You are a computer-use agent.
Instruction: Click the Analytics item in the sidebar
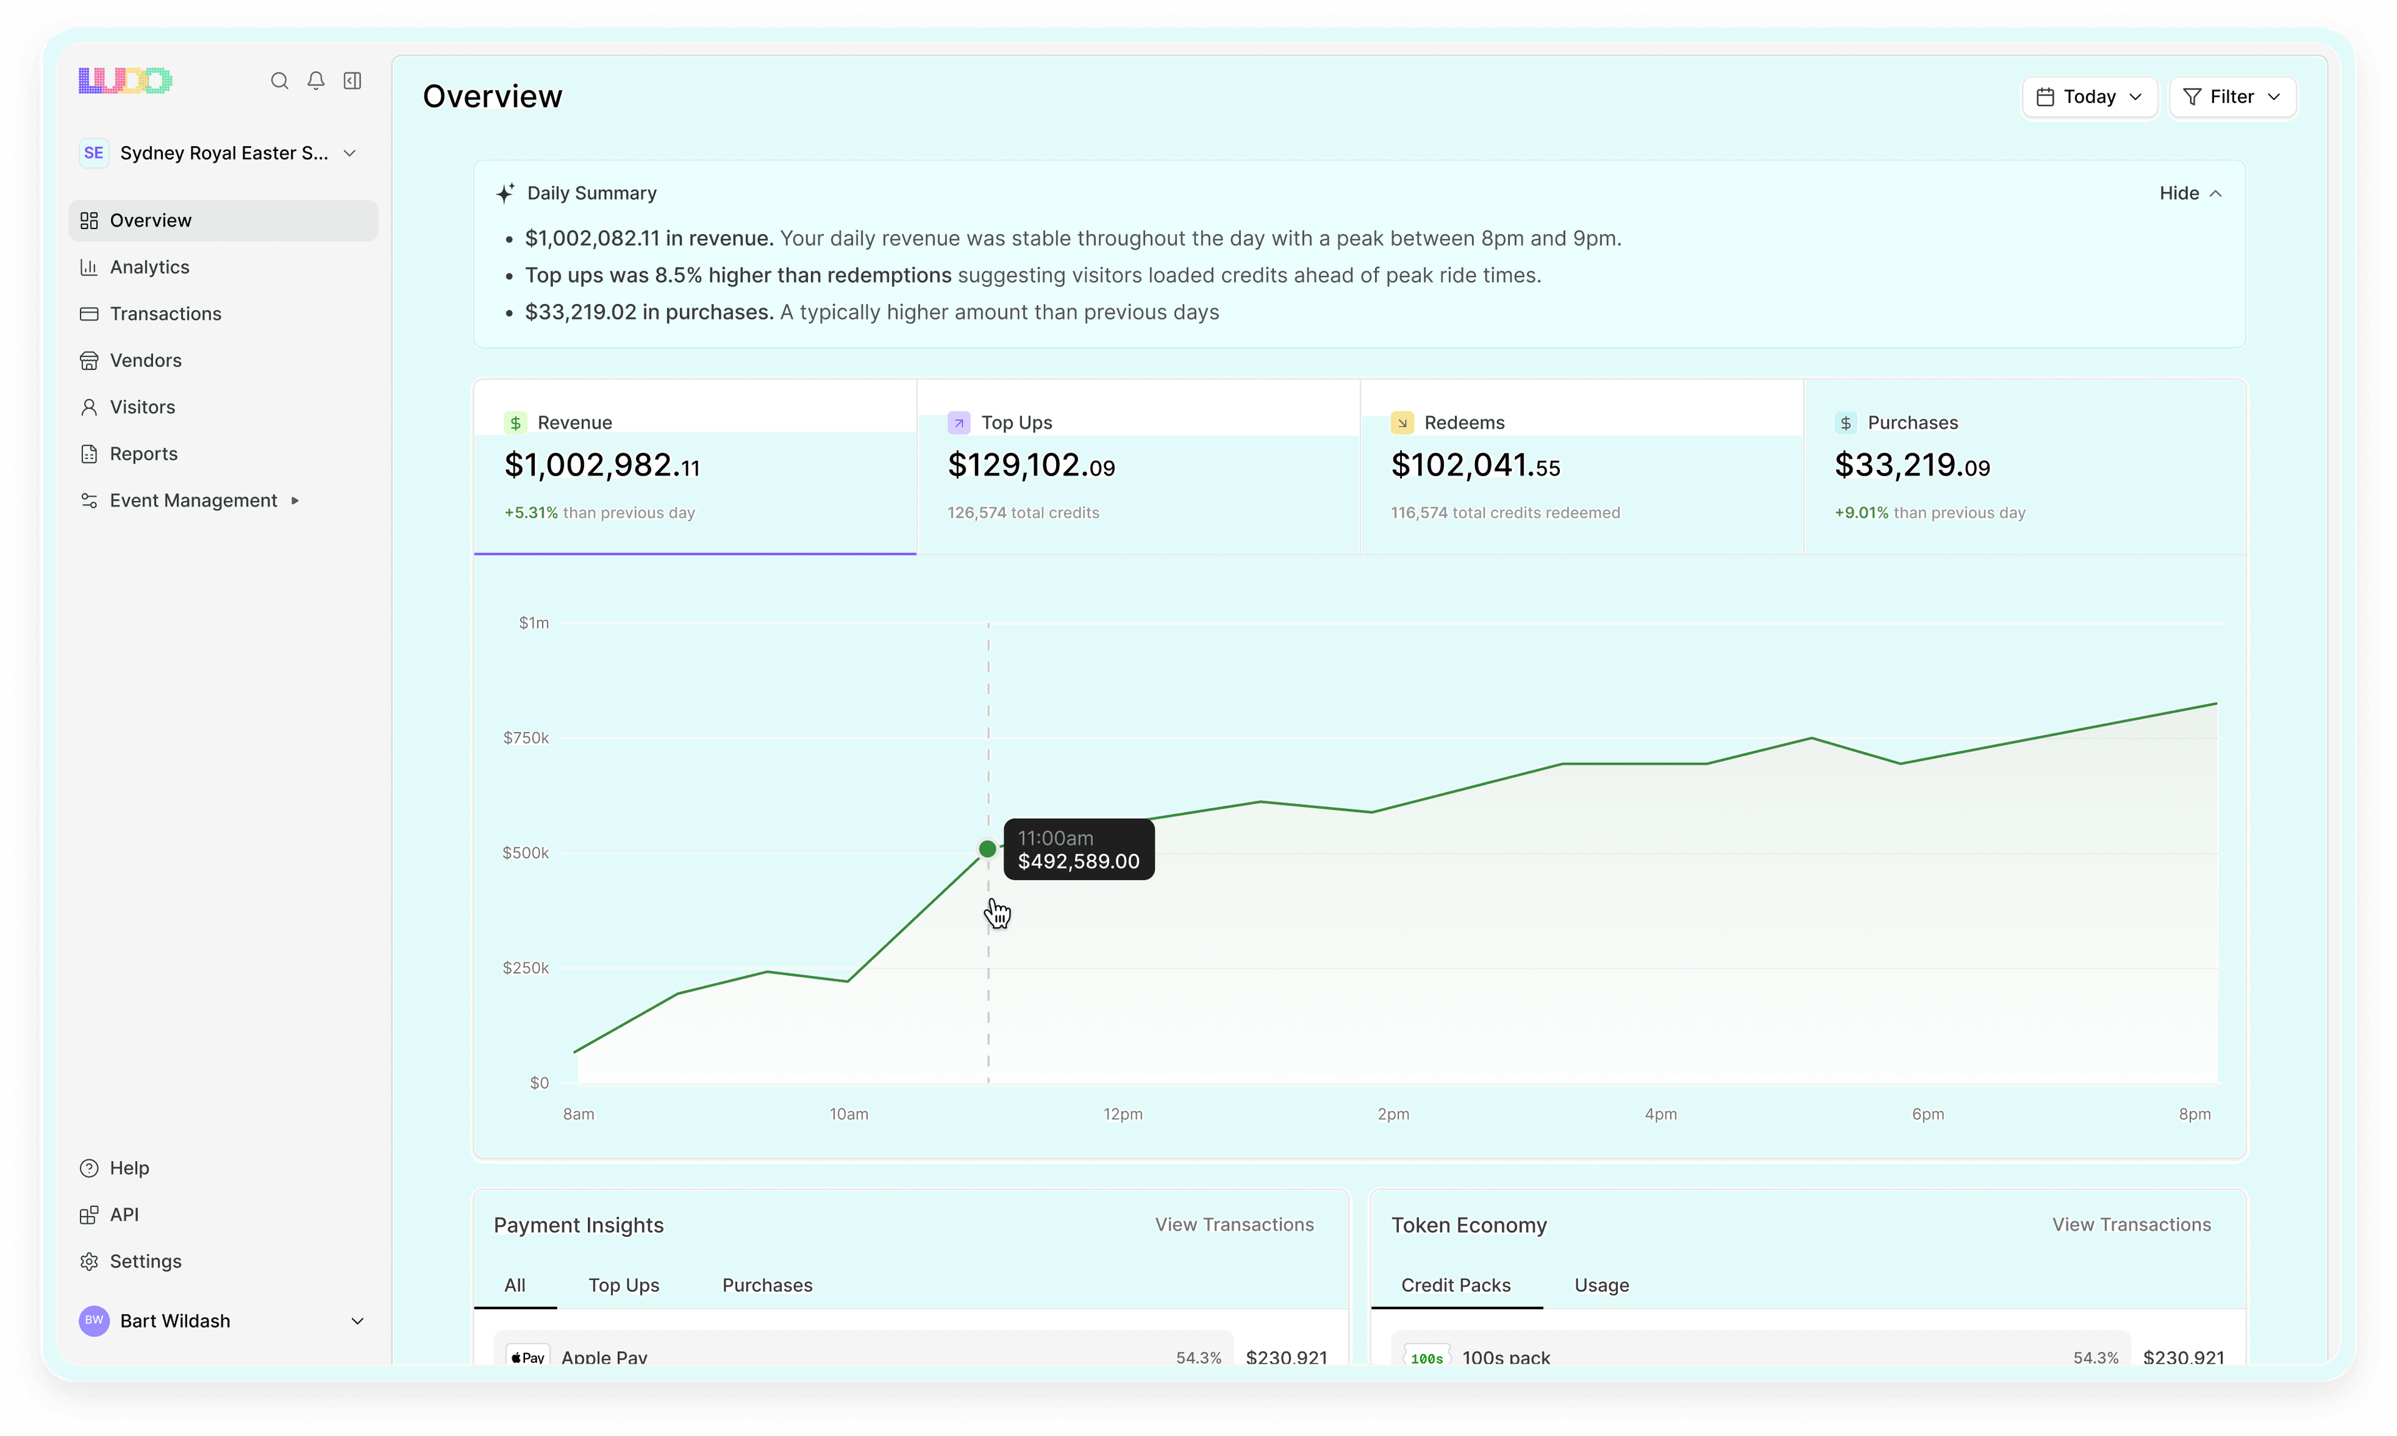[x=149, y=267]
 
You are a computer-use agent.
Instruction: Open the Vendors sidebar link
[x=145, y=360]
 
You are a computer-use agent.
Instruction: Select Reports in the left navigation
[x=143, y=454]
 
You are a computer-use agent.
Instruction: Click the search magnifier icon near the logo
[x=280, y=81]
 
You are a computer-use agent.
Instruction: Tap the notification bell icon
[x=315, y=81]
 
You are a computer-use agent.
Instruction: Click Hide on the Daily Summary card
[x=2189, y=193]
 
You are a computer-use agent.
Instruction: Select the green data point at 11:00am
[x=987, y=849]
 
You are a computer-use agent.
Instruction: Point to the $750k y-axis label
[x=526, y=738]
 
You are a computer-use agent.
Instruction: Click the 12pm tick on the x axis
[x=1122, y=1114]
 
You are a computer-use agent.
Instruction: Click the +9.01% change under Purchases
[x=1861, y=513]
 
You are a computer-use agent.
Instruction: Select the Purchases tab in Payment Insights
[x=767, y=1285]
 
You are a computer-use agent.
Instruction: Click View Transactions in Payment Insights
[x=1234, y=1225]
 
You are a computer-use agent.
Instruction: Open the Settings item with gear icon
[x=145, y=1261]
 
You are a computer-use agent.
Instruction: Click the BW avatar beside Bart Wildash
[x=94, y=1321]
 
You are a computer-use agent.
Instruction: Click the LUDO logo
[x=125, y=81]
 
